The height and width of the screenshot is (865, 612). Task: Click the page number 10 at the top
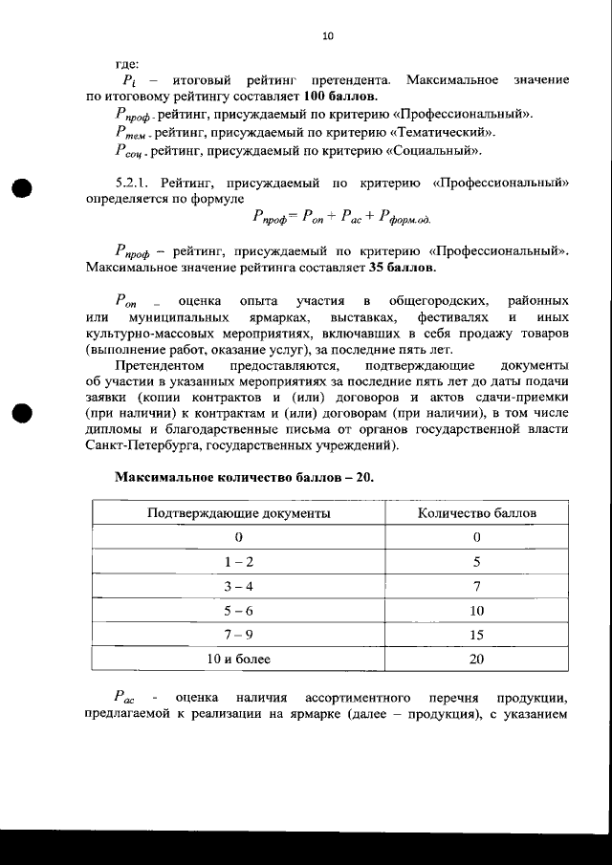327,36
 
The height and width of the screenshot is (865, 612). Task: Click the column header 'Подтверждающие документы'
239,513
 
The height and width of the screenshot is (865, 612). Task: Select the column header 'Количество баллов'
477,513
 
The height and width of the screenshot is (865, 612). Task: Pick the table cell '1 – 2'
239,562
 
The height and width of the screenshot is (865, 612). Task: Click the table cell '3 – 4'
239,586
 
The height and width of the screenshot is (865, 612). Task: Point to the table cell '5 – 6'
239,610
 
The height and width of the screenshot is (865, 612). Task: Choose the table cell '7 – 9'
239,635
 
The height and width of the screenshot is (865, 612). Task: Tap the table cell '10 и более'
239,659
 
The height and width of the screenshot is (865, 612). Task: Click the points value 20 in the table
477,659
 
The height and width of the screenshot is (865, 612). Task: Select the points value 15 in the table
477,635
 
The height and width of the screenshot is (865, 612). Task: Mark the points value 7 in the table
477,586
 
